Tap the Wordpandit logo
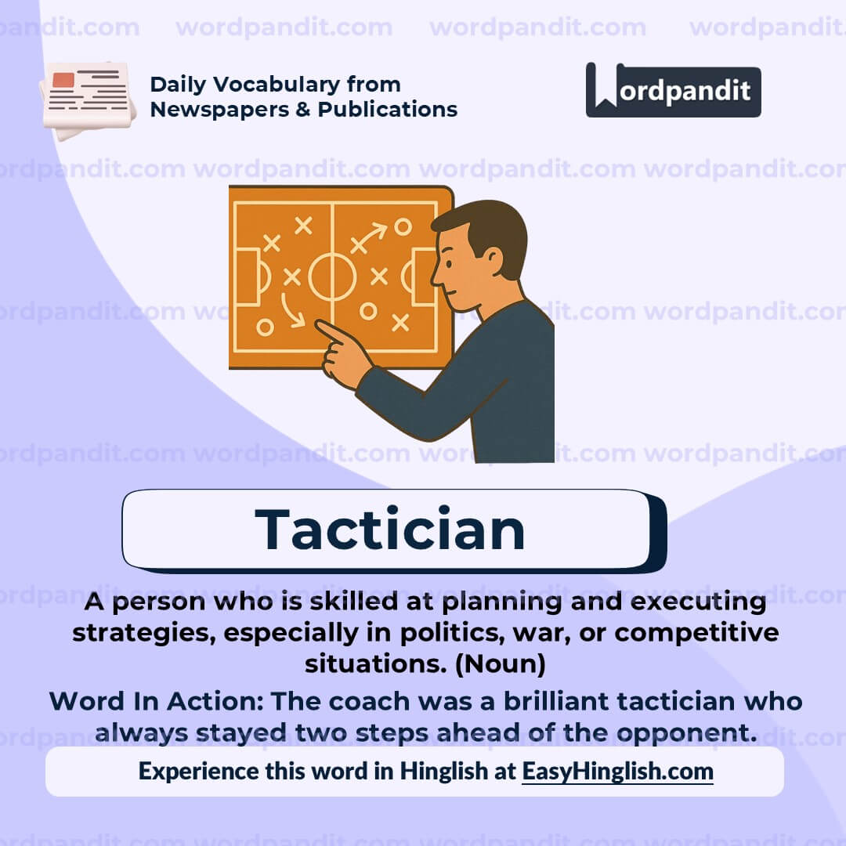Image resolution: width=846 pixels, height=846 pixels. [673, 90]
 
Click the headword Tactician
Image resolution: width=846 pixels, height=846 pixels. [390, 530]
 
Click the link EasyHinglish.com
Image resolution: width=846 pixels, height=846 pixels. [617, 771]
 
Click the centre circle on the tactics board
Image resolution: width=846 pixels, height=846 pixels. [332, 277]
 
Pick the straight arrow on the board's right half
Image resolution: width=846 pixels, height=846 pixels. [369, 237]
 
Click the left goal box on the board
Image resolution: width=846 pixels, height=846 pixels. [249, 277]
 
